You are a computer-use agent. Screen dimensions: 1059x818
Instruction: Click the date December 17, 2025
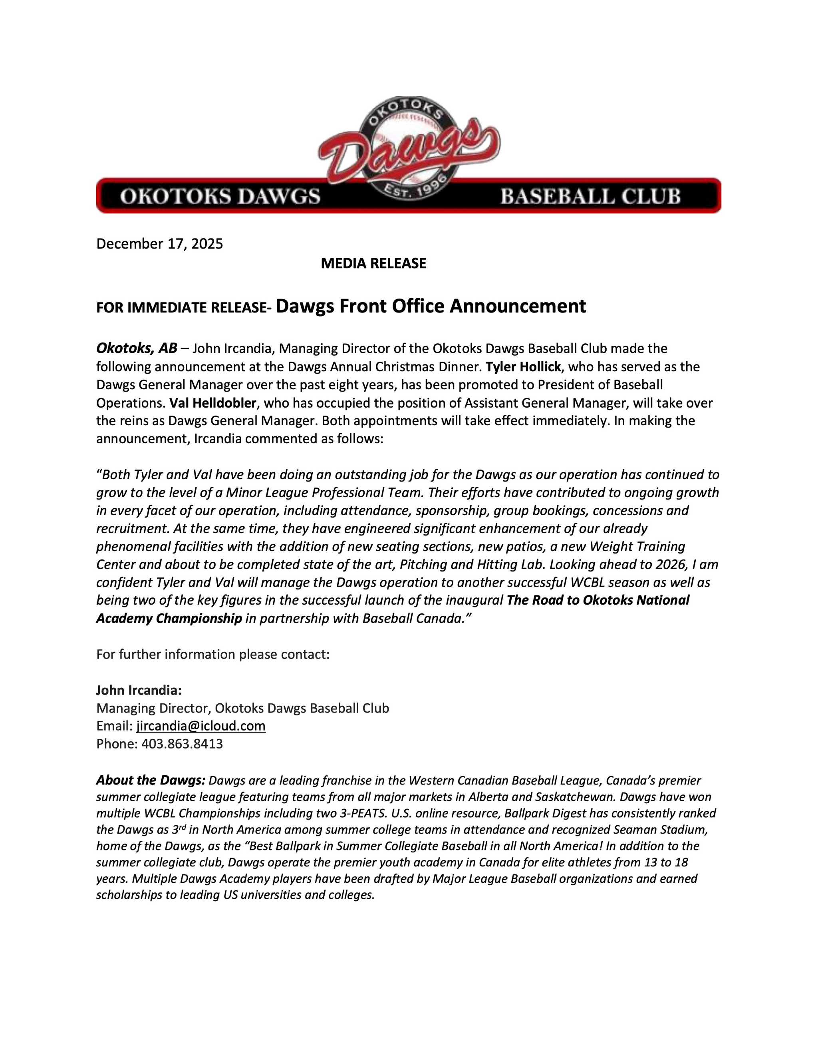[159, 243]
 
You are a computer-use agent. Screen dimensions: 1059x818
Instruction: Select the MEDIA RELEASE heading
[373, 263]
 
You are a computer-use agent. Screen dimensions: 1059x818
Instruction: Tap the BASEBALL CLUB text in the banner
[590, 196]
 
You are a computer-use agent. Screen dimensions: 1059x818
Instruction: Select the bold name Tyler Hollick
[522, 366]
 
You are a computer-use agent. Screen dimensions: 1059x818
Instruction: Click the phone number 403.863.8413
[182, 744]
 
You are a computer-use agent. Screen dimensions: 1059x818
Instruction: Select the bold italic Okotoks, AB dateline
[137, 348]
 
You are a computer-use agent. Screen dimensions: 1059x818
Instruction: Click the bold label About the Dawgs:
[151, 780]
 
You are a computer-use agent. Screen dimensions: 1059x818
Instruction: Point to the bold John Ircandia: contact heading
[139, 690]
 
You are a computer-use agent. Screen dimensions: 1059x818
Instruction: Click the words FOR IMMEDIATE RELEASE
[183, 308]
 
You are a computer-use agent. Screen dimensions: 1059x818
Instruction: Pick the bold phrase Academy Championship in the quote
[169, 618]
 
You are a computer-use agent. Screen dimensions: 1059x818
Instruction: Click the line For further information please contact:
[213, 654]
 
